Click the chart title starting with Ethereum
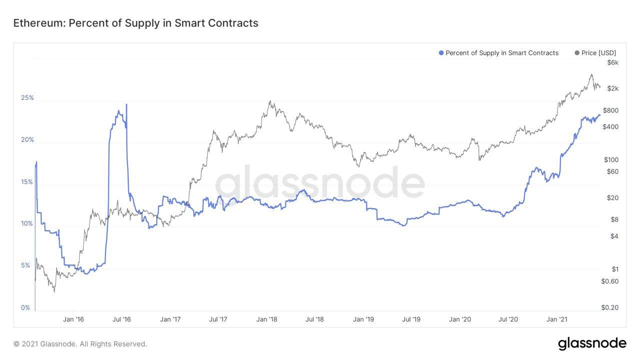(135, 23)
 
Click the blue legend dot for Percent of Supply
(441, 53)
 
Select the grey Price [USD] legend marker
(577, 53)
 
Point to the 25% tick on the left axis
(27, 97)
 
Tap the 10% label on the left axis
(27, 223)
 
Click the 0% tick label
(25, 307)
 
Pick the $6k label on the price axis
(612, 62)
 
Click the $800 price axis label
(610, 110)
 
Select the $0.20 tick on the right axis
(609, 307)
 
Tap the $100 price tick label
(611, 160)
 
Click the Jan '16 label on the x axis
(73, 319)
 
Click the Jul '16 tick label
(121, 319)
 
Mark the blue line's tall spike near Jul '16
(126, 104)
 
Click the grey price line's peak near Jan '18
(270, 101)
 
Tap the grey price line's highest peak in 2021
(591, 75)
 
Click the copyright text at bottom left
(80, 344)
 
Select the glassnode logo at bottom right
(592, 343)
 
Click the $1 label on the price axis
(615, 269)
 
